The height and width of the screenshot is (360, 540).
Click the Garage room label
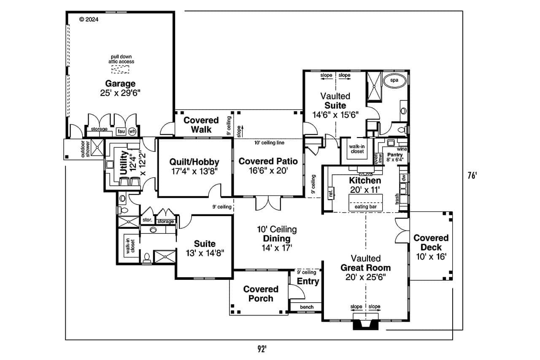(x=120, y=84)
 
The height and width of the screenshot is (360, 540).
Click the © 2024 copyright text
(x=89, y=19)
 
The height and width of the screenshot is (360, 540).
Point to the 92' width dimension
(x=262, y=349)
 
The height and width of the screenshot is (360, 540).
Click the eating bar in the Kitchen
(x=363, y=207)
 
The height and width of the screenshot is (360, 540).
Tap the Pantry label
(x=392, y=155)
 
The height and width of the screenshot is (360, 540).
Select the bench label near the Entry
(x=307, y=307)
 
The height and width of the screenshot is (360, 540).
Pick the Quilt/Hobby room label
(x=194, y=162)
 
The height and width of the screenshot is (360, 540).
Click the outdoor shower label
(x=85, y=149)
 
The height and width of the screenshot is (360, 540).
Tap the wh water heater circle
(x=132, y=131)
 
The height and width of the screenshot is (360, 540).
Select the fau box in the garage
(x=121, y=131)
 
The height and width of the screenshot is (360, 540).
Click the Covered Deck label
(x=431, y=243)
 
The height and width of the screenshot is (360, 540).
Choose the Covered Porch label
(x=261, y=294)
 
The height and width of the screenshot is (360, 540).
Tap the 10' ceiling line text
(x=269, y=143)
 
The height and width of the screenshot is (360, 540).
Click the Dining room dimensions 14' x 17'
(x=277, y=247)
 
